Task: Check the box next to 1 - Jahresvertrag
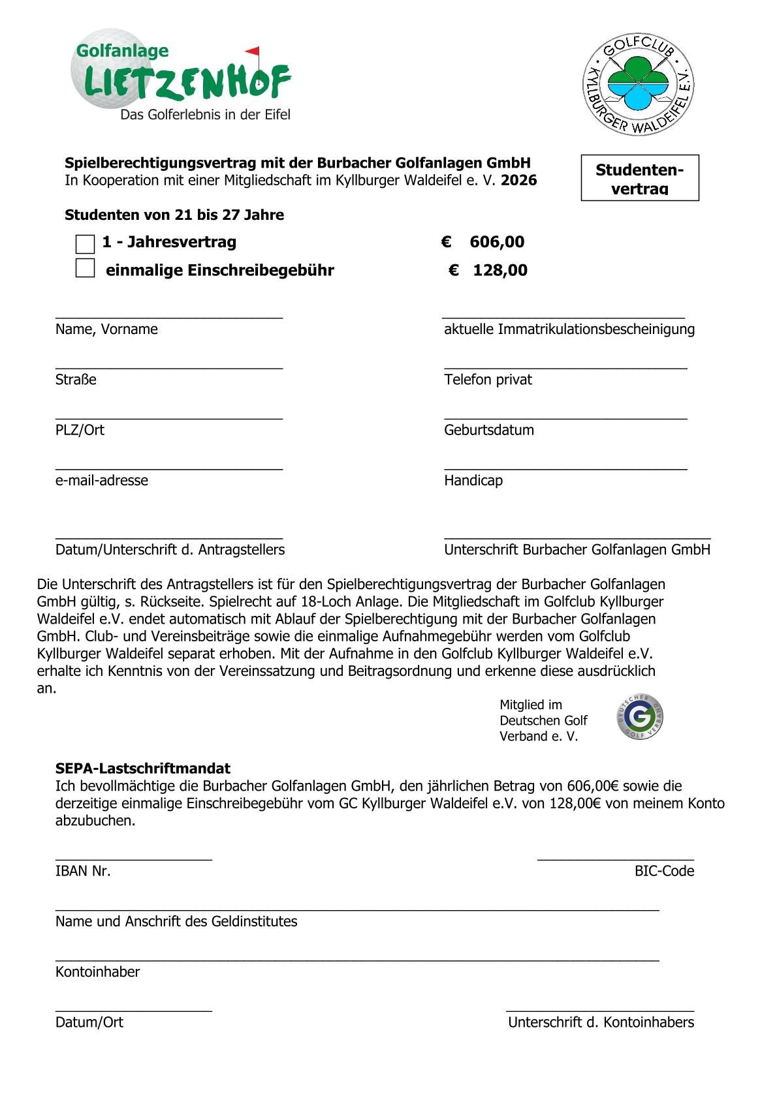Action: click(x=85, y=244)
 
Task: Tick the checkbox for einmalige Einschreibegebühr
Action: click(x=85, y=268)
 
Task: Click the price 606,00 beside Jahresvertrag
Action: click(x=496, y=242)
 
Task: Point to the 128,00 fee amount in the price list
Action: click(x=499, y=270)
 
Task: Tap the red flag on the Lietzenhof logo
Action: click(x=253, y=51)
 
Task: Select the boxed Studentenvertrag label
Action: click(x=639, y=178)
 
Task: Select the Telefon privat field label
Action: click(x=488, y=380)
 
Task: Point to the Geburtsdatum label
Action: click(x=488, y=430)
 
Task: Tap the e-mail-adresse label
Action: click(x=102, y=480)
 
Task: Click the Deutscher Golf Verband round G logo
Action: click(x=640, y=717)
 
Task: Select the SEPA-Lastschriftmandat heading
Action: click(x=142, y=769)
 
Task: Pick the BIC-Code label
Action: click(x=664, y=871)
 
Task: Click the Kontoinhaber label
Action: click(x=97, y=971)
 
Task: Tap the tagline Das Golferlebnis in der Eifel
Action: click(x=205, y=115)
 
